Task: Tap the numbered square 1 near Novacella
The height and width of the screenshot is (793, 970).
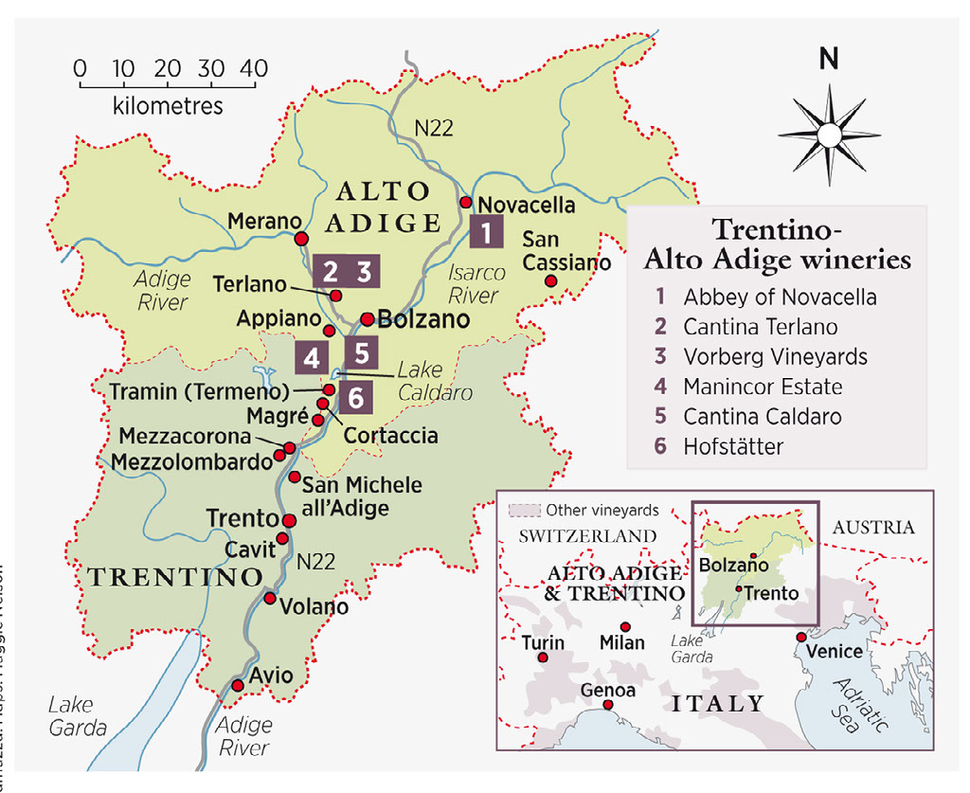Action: point(485,231)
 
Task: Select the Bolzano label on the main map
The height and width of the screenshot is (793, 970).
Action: point(423,318)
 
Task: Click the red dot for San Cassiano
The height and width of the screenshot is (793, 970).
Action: point(549,281)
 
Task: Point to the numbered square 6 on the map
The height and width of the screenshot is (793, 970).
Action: point(355,398)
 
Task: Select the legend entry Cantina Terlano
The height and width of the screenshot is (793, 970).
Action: point(760,327)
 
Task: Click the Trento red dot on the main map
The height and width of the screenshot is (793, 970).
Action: point(290,520)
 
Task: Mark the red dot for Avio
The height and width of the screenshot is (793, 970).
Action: point(238,685)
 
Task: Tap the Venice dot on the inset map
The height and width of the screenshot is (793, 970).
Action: point(801,637)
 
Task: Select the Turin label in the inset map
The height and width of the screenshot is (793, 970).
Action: point(543,642)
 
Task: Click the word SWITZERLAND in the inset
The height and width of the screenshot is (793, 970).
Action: point(587,535)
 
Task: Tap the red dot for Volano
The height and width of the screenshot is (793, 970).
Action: point(270,599)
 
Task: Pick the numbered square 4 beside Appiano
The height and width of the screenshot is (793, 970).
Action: point(312,358)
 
